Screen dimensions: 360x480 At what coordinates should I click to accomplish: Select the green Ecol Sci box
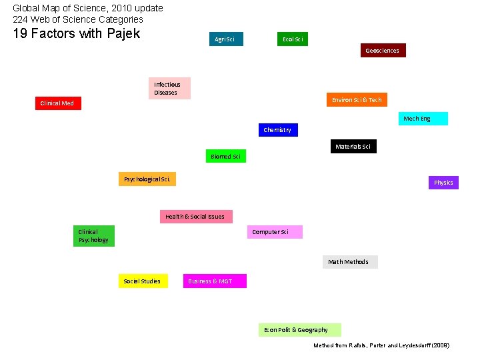(293, 39)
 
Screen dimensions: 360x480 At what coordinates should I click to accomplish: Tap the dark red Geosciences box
(382, 51)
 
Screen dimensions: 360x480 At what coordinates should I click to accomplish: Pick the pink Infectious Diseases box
(169, 89)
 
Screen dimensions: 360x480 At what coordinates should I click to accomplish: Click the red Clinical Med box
(58, 103)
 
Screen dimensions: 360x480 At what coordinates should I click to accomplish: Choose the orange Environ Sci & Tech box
(357, 100)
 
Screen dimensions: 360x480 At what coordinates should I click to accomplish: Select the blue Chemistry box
(277, 130)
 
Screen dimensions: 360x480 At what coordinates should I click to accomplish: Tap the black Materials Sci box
(353, 147)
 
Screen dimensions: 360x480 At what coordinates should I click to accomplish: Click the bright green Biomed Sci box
(225, 157)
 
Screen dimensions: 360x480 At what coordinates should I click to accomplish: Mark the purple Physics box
(443, 183)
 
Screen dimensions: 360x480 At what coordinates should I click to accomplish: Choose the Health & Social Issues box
(195, 217)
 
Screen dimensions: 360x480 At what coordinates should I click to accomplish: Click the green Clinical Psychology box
(93, 237)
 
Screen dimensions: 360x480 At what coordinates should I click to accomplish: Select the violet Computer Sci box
(275, 232)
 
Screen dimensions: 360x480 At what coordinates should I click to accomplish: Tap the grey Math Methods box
(350, 262)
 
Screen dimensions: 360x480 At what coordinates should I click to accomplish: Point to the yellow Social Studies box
(143, 281)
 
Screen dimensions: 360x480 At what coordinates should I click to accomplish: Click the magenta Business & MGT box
(215, 281)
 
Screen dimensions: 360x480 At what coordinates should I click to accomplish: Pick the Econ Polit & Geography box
(299, 330)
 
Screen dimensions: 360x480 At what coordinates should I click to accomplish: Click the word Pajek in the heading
(122, 33)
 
